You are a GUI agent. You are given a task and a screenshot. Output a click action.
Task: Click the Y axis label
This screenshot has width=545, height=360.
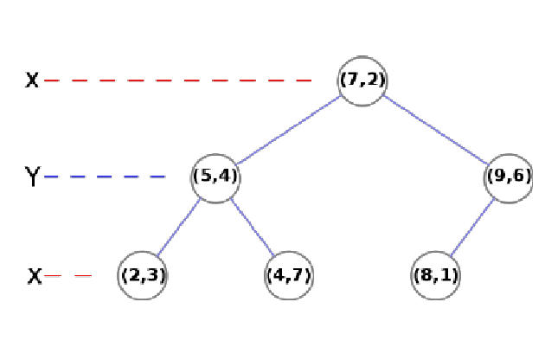pos(32,177)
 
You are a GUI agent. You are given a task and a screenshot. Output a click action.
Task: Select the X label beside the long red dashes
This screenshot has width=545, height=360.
pos(32,80)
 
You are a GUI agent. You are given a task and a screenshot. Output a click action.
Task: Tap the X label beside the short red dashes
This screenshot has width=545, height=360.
pos(34,276)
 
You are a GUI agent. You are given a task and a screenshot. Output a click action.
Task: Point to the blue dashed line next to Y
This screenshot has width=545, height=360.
pos(105,177)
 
